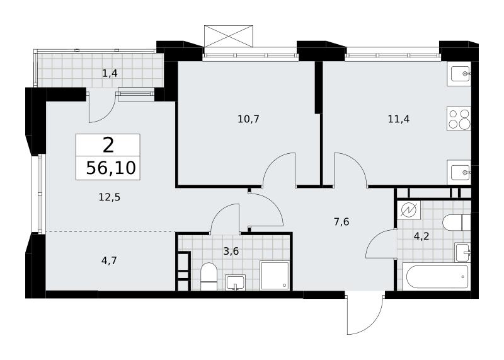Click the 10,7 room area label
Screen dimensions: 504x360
pyautogui.click(x=248, y=119)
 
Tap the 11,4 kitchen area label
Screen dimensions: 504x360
pyautogui.click(x=399, y=119)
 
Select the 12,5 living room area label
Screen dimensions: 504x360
pyautogui.click(x=109, y=197)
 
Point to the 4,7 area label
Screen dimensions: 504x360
pyautogui.click(x=109, y=260)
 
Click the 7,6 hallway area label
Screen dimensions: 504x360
pyautogui.click(x=341, y=222)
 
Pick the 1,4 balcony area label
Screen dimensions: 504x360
pyautogui.click(x=110, y=74)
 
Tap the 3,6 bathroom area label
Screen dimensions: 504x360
pyautogui.click(x=231, y=251)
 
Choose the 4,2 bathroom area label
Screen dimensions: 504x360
pyautogui.click(x=421, y=236)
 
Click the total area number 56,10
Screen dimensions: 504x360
pyautogui.click(x=111, y=168)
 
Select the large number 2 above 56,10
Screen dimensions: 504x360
pyautogui.click(x=108, y=146)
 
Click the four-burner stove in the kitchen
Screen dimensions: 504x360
pyautogui.click(x=459, y=119)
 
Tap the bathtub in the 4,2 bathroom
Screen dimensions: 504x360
pyautogui.click(x=437, y=277)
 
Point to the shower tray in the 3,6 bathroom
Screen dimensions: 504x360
pyautogui.click(x=275, y=276)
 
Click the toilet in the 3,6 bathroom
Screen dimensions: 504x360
pyautogui.click(x=209, y=276)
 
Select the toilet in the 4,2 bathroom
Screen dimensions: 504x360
pyautogui.click(x=457, y=223)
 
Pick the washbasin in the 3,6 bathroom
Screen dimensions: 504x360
pyautogui.click(x=235, y=282)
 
